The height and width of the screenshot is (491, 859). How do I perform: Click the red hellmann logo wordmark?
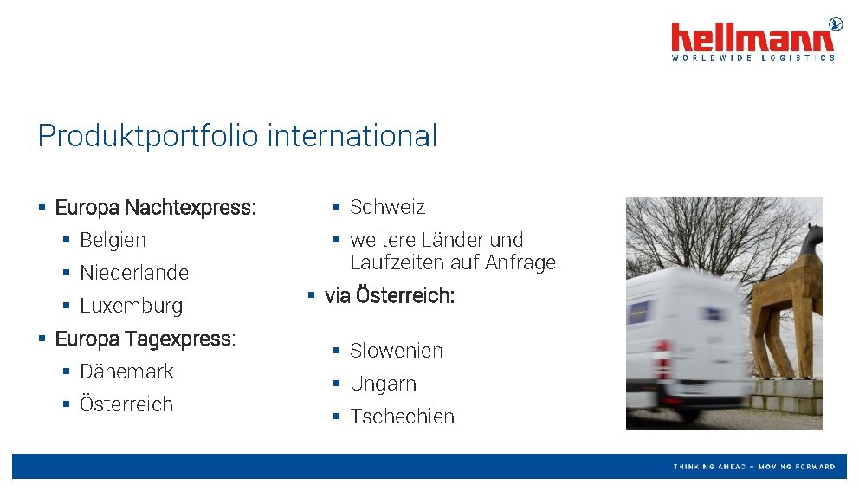tap(752, 38)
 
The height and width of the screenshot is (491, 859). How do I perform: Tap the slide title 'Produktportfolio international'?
tap(237, 136)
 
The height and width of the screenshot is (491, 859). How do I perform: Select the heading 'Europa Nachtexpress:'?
tap(155, 208)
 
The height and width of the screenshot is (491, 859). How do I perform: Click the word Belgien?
tap(113, 240)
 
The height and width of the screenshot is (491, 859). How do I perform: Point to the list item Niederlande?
tap(133, 273)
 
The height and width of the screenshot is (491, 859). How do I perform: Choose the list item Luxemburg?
tap(131, 306)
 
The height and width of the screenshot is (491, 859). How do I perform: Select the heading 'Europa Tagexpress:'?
tap(145, 339)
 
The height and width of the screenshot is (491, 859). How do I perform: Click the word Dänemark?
tap(126, 371)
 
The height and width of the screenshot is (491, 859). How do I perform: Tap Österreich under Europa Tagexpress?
tap(126, 404)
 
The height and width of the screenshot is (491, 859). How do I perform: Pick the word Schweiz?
tap(387, 207)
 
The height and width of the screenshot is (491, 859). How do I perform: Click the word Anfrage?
tap(520, 262)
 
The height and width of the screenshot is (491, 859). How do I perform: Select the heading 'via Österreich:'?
tap(389, 296)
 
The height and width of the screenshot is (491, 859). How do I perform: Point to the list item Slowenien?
tap(396, 351)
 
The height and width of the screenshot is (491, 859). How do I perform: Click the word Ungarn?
tap(383, 384)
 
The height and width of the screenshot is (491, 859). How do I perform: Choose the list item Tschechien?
tap(402, 417)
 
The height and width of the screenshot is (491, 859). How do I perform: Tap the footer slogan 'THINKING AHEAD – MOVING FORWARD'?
tap(754, 467)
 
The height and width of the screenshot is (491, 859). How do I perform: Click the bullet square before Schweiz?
tap(337, 207)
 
